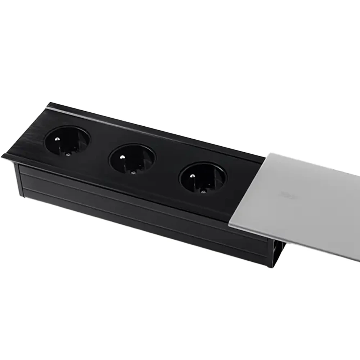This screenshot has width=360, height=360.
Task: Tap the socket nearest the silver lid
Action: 203,178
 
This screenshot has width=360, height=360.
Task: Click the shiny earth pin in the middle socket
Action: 122,157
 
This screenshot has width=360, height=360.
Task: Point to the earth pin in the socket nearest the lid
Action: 192,176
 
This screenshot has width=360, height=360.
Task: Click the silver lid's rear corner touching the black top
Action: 267,154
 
